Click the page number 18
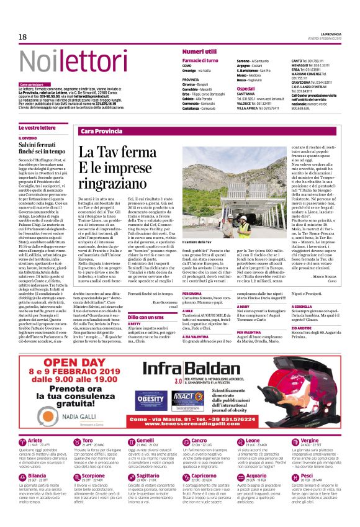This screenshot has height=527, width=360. point(23,37)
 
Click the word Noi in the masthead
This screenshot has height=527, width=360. point(37,61)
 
